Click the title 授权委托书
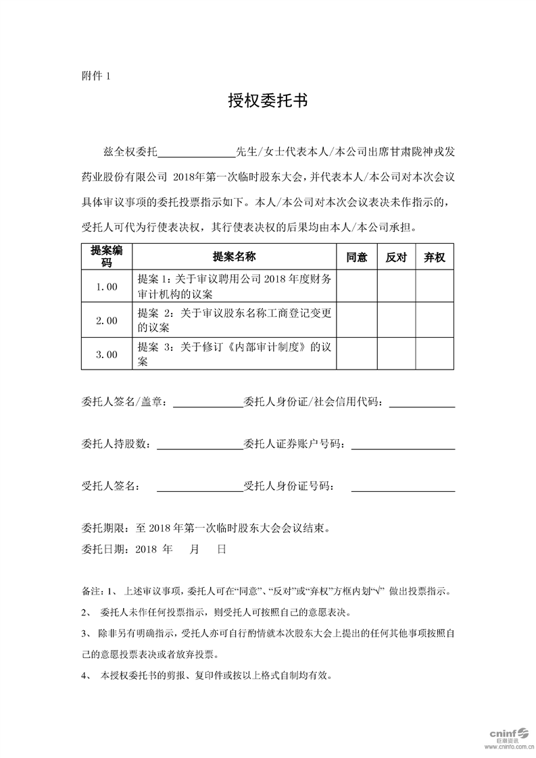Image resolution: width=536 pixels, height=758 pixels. pyautogui.click(x=268, y=101)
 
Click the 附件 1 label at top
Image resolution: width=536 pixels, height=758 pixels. pyautogui.click(x=95, y=76)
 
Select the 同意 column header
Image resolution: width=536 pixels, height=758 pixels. pyautogui.click(x=356, y=257)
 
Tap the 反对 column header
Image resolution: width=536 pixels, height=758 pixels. pyautogui.click(x=395, y=257)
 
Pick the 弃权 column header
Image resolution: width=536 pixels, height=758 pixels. pyautogui.click(x=434, y=257)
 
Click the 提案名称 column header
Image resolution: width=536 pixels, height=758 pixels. pyautogui.click(x=235, y=257)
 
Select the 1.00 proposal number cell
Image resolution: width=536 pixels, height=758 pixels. pyautogui.click(x=107, y=286)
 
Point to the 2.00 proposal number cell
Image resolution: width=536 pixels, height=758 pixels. pyautogui.click(x=107, y=320)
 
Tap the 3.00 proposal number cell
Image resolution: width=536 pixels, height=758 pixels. pyautogui.click(x=107, y=354)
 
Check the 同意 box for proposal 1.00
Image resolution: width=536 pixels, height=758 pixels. pyautogui.click(x=356, y=286)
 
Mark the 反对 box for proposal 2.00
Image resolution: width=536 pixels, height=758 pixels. pyautogui.click(x=395, y=320)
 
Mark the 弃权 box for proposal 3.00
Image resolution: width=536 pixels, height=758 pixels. pyautogui.click(x=434, y=354)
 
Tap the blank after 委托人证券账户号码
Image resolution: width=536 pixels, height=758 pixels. pyautogui.click(x=403, y=445)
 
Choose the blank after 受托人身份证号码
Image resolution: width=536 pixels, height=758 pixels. pyautogui.click(x=403, y=487)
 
